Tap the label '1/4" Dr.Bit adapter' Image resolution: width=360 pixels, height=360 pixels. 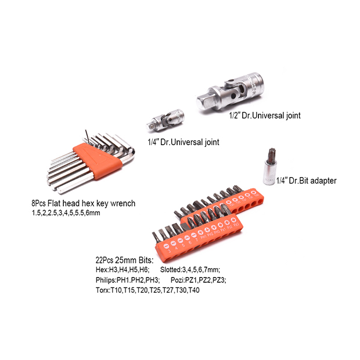click(x=306, y=181)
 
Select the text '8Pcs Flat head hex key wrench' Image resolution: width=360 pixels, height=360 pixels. click(x=83, y=203)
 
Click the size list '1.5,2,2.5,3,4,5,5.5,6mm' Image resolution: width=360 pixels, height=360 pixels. click(x=66, y=213)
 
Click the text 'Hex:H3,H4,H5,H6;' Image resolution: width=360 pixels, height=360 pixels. click(x=123, y=270)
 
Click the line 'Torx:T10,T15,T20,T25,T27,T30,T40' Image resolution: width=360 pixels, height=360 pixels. click(x=147, y=290)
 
